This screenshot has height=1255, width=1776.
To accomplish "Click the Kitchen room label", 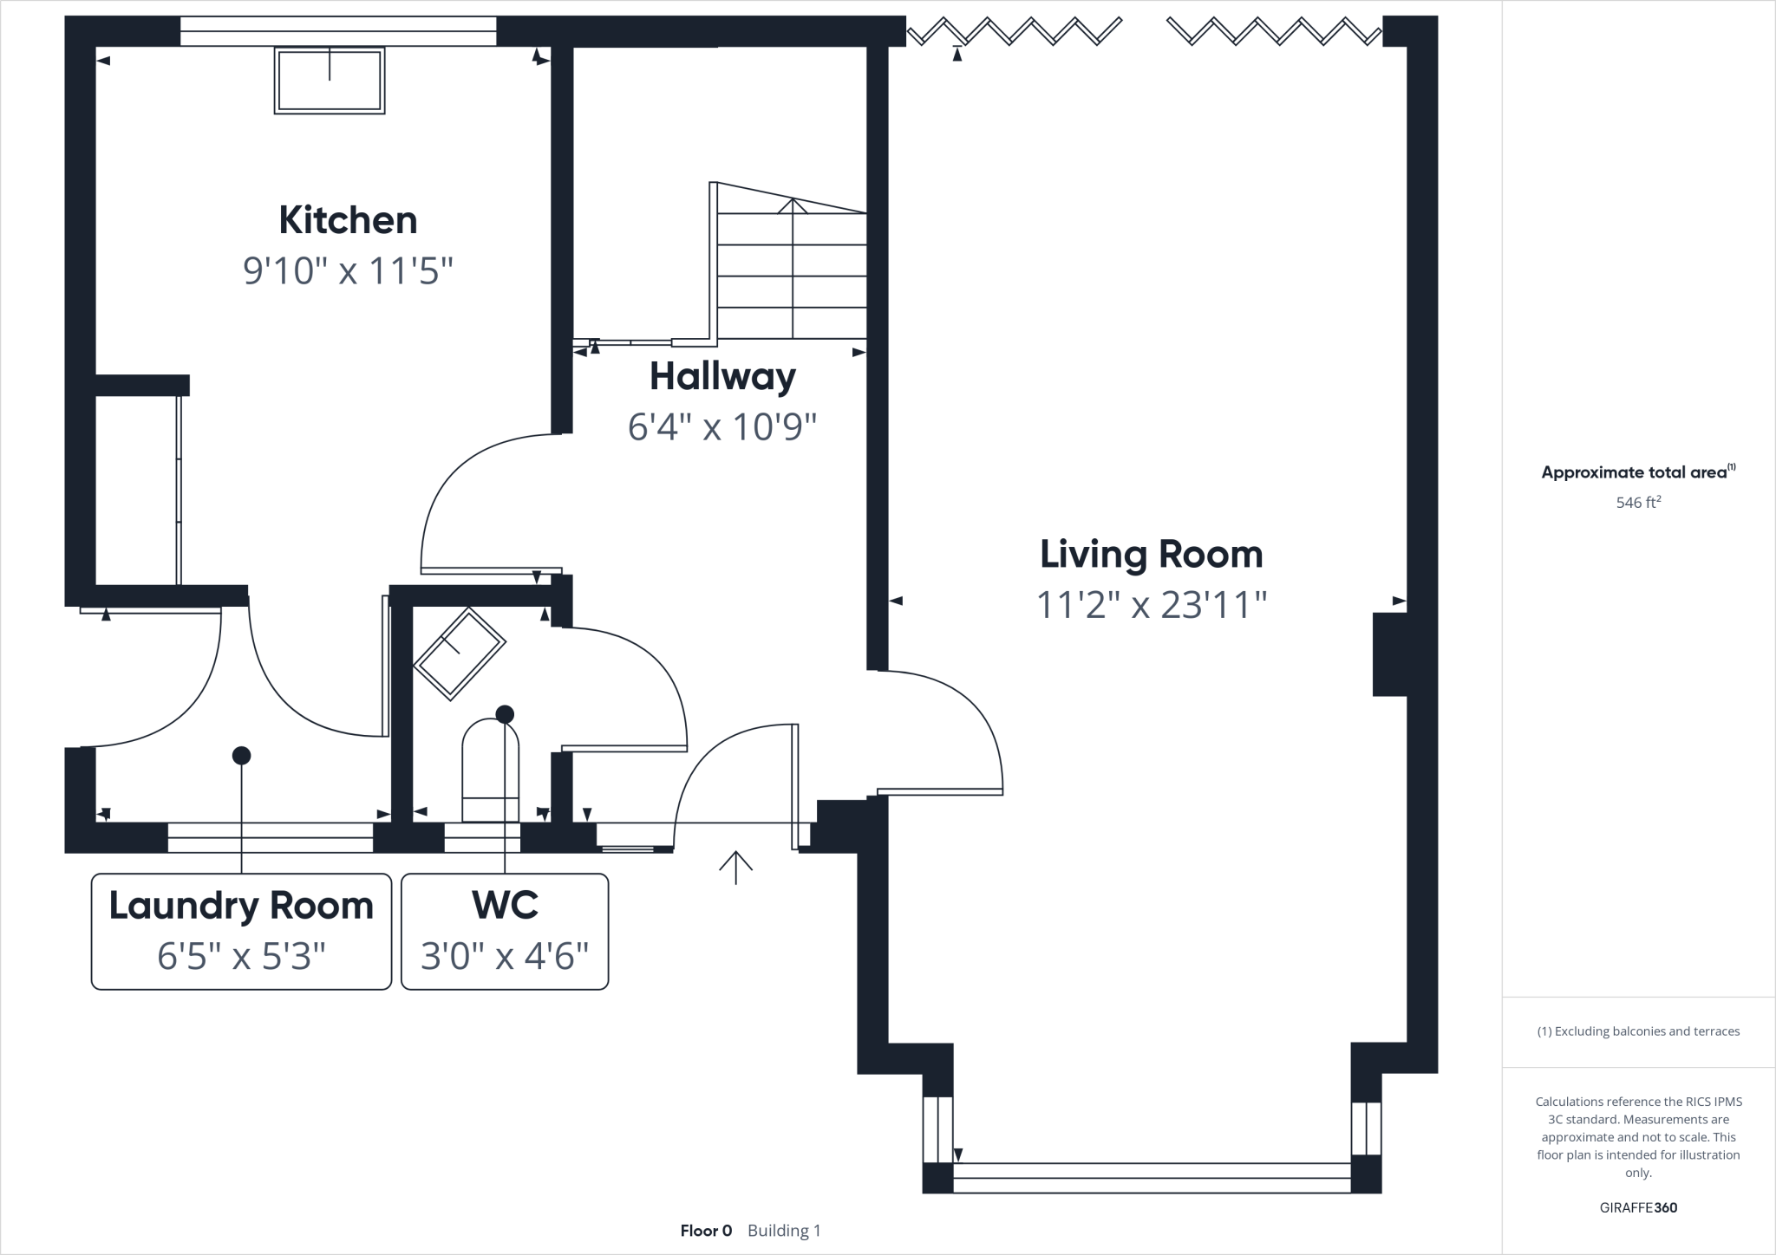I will coord(348,220).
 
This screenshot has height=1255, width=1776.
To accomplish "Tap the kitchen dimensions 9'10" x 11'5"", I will coord(348,271).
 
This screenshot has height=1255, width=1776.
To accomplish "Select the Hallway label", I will coord(722,376).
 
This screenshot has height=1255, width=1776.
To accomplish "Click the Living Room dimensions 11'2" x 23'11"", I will coord(1152,604).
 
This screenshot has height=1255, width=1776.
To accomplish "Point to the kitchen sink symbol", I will coord(330,81).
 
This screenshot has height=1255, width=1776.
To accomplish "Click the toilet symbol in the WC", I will coord(491,771).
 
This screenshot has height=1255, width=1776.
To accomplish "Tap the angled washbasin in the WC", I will coord(460,654).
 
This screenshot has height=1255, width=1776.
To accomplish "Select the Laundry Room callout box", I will coord(241,931).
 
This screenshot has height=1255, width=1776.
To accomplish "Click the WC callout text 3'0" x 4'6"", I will coord(505,956).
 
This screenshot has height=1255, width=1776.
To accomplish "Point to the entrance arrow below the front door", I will coord(735,867).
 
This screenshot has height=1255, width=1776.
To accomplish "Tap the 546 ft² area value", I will coord(1638,502).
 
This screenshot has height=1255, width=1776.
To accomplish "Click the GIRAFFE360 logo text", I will coord(1638,1207).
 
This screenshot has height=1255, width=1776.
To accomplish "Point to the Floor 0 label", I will coord(706,1231).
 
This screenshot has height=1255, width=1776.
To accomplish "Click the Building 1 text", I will coord(784,1231).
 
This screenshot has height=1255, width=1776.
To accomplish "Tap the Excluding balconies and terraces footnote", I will coord(1638,1031).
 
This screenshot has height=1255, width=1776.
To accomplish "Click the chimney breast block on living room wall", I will coord(1389,654).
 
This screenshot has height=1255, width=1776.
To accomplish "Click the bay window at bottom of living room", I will coord(1152,1172).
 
